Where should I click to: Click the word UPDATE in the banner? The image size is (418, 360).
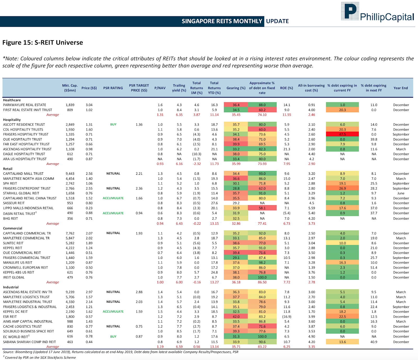pos(277,21)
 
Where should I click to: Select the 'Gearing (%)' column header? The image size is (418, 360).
pos(236,88)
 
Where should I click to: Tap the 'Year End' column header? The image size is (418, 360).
pos(400,88)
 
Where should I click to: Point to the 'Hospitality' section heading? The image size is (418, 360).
pos(12,120)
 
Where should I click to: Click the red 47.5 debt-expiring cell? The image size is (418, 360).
pos(342,134)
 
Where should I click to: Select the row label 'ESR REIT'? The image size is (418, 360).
pos(10,317)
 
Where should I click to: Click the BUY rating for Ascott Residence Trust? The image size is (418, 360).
pos(113,124)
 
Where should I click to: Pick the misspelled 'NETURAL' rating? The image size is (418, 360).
pos(113,173)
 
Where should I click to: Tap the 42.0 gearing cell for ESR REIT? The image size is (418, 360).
pos(236,317)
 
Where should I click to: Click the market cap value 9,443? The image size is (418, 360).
pos(70,173)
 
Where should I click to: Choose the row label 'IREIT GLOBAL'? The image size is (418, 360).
pos(14,277)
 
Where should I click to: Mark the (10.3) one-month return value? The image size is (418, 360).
pos(196,154)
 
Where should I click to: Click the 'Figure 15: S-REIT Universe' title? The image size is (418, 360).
pos(43,43)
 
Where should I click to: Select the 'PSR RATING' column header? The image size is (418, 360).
pos(113,88)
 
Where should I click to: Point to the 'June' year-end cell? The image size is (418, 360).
pos(401,193)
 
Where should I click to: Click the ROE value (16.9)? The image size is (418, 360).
pos(287,317)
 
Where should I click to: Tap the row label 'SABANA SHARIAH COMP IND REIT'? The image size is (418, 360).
pos(30,342)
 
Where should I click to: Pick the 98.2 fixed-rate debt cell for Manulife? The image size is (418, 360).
pos(262,263)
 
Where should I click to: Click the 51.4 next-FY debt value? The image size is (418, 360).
pos(374,268)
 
